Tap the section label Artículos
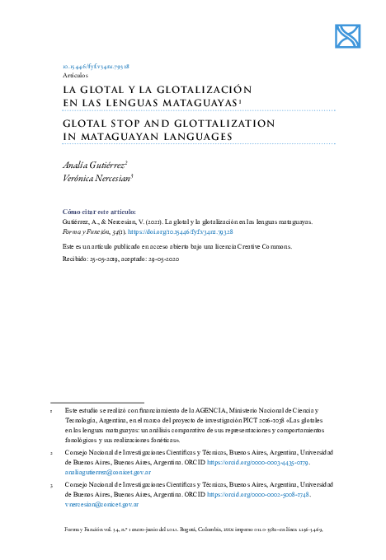(x=77, y=74)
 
